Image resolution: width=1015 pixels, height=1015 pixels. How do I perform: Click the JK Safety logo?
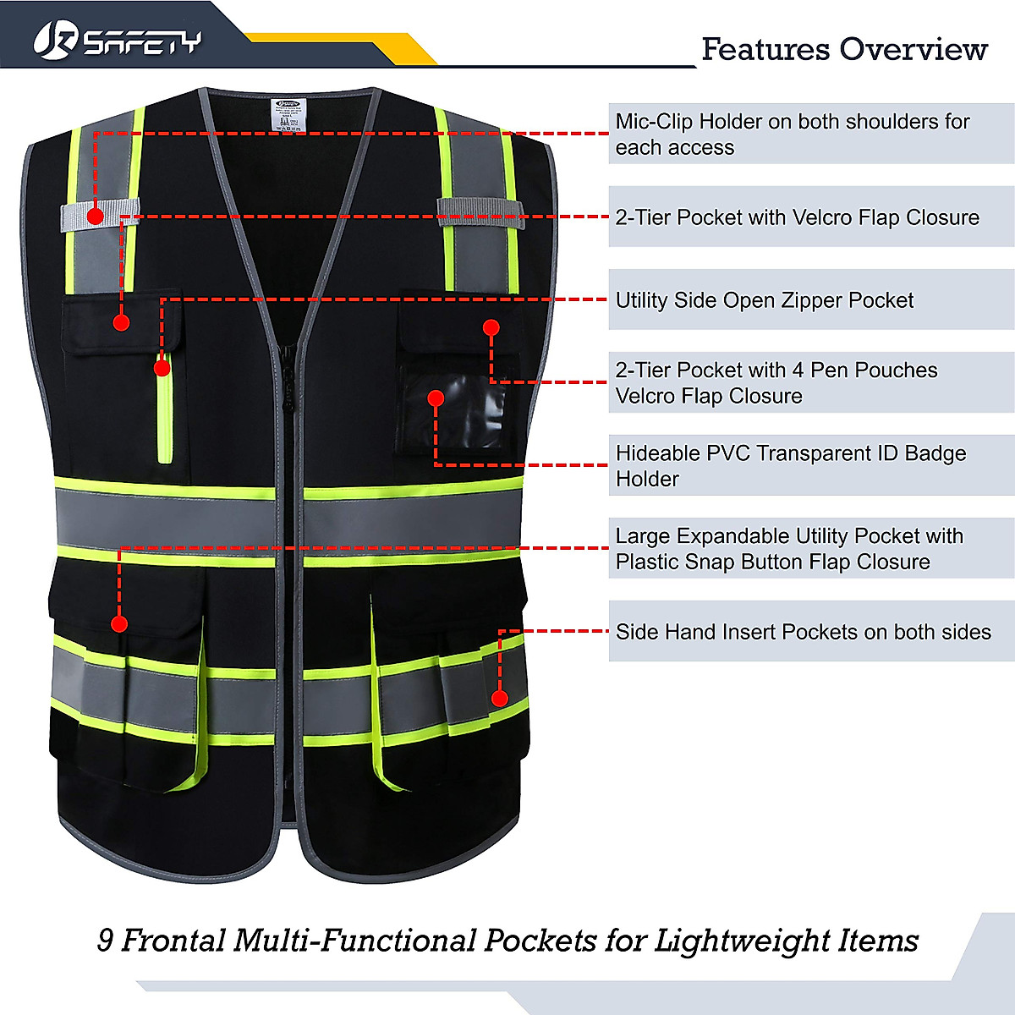(x=117, y=40)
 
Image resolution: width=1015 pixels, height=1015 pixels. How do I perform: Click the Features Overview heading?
(x=843, y=50)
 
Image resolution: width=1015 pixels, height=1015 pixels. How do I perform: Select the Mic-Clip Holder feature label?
(x=792, y=134)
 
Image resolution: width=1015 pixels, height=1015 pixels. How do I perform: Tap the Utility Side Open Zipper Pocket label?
(x=764, y=300)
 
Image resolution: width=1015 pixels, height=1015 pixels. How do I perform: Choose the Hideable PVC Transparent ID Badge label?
(x=790, y=465)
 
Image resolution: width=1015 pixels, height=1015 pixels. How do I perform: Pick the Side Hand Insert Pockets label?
(x=803, y=632)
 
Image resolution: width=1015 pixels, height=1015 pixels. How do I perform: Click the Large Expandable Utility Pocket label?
(x=788, y=549)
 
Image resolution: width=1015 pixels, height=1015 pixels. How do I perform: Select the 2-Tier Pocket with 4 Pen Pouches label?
(x=776, y=382)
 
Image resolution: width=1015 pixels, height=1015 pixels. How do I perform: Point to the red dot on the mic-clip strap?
(x=96, y=216)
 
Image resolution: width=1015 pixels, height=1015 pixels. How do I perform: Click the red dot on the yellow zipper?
(x=162, y=368)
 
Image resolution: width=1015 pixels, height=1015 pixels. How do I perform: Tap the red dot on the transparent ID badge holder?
(x=436, y=398)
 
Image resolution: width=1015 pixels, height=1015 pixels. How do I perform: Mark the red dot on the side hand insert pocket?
(x=500, y=699)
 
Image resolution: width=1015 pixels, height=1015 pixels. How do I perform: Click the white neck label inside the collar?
(x=290, y=117)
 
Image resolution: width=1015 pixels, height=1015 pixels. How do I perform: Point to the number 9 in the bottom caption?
(x=105, y=941)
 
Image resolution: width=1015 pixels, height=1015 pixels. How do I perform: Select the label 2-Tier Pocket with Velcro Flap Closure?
(x=797, y=217)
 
